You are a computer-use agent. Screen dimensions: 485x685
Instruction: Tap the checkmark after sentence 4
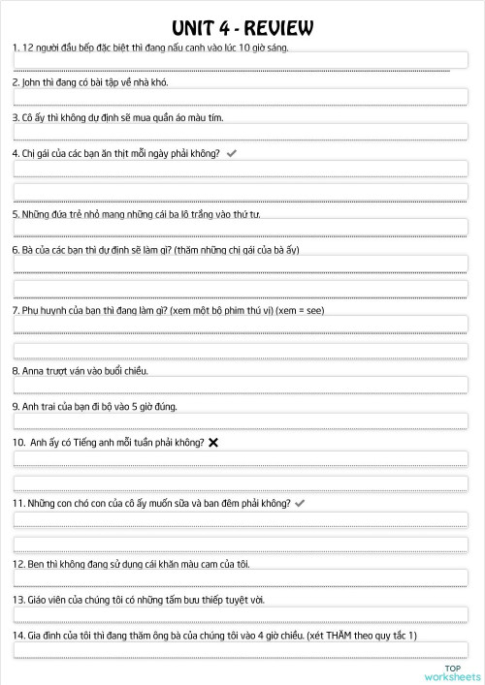pyautogui.click(x=230, y=153)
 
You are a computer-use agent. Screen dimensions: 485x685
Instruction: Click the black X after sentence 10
pyautogui.click(x=212, y=442)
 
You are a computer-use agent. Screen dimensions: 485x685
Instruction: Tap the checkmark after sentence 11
pyautogui.click(x=300, y=504)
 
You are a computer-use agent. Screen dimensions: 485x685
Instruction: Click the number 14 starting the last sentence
pyautogui.click(x=17, y=635)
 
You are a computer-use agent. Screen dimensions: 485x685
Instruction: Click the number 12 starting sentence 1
pyautogui.click(x=28, y=47)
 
